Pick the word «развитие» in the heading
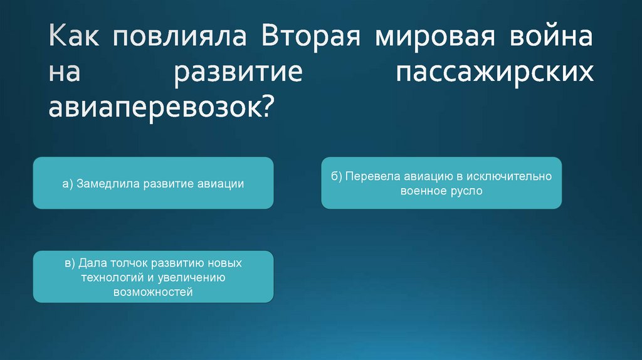[238, 72]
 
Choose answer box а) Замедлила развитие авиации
[153, 183]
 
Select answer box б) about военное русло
[441, 183]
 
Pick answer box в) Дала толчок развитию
[153, 277]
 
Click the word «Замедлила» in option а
[107, 184]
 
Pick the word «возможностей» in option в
[153, 292]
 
